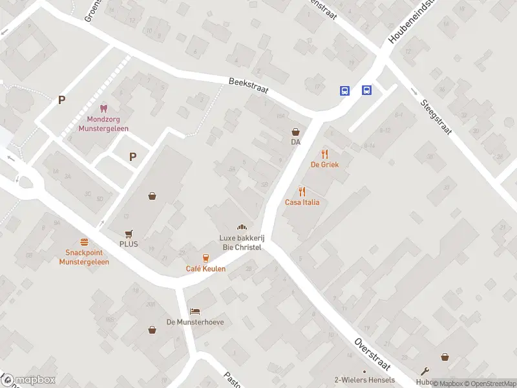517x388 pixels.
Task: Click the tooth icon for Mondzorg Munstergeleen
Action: pyautogui.click(x=103, y=109)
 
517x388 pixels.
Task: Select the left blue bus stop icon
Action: pyautogui.click(x=345, y=91)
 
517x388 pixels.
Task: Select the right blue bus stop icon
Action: pyautogui.click(x=366, y=91)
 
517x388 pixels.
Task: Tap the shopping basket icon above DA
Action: pyautogui.click(x=295, y=131)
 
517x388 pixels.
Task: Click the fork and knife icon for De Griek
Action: pyautogui.click(x=324, y=154)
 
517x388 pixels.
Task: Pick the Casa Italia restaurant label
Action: pyautogui.click(x=302, y=202)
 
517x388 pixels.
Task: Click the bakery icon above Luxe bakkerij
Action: pyautogui.click(x=242, y=227)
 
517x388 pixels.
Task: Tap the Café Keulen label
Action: pyautogui.click(x=206, y=268)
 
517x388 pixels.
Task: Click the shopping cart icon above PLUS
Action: pyautogui.click(x=129, y=233)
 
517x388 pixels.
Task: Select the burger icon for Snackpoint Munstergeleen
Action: pyautogui.click(x=83, y=241)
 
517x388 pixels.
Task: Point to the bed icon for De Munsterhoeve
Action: pyautogui.click(x=195, y=311)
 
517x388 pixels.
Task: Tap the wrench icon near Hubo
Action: pyautogui.click(x=424, y=371)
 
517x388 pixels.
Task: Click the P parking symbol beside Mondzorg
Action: pyautogui.click(x=61, y=100)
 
